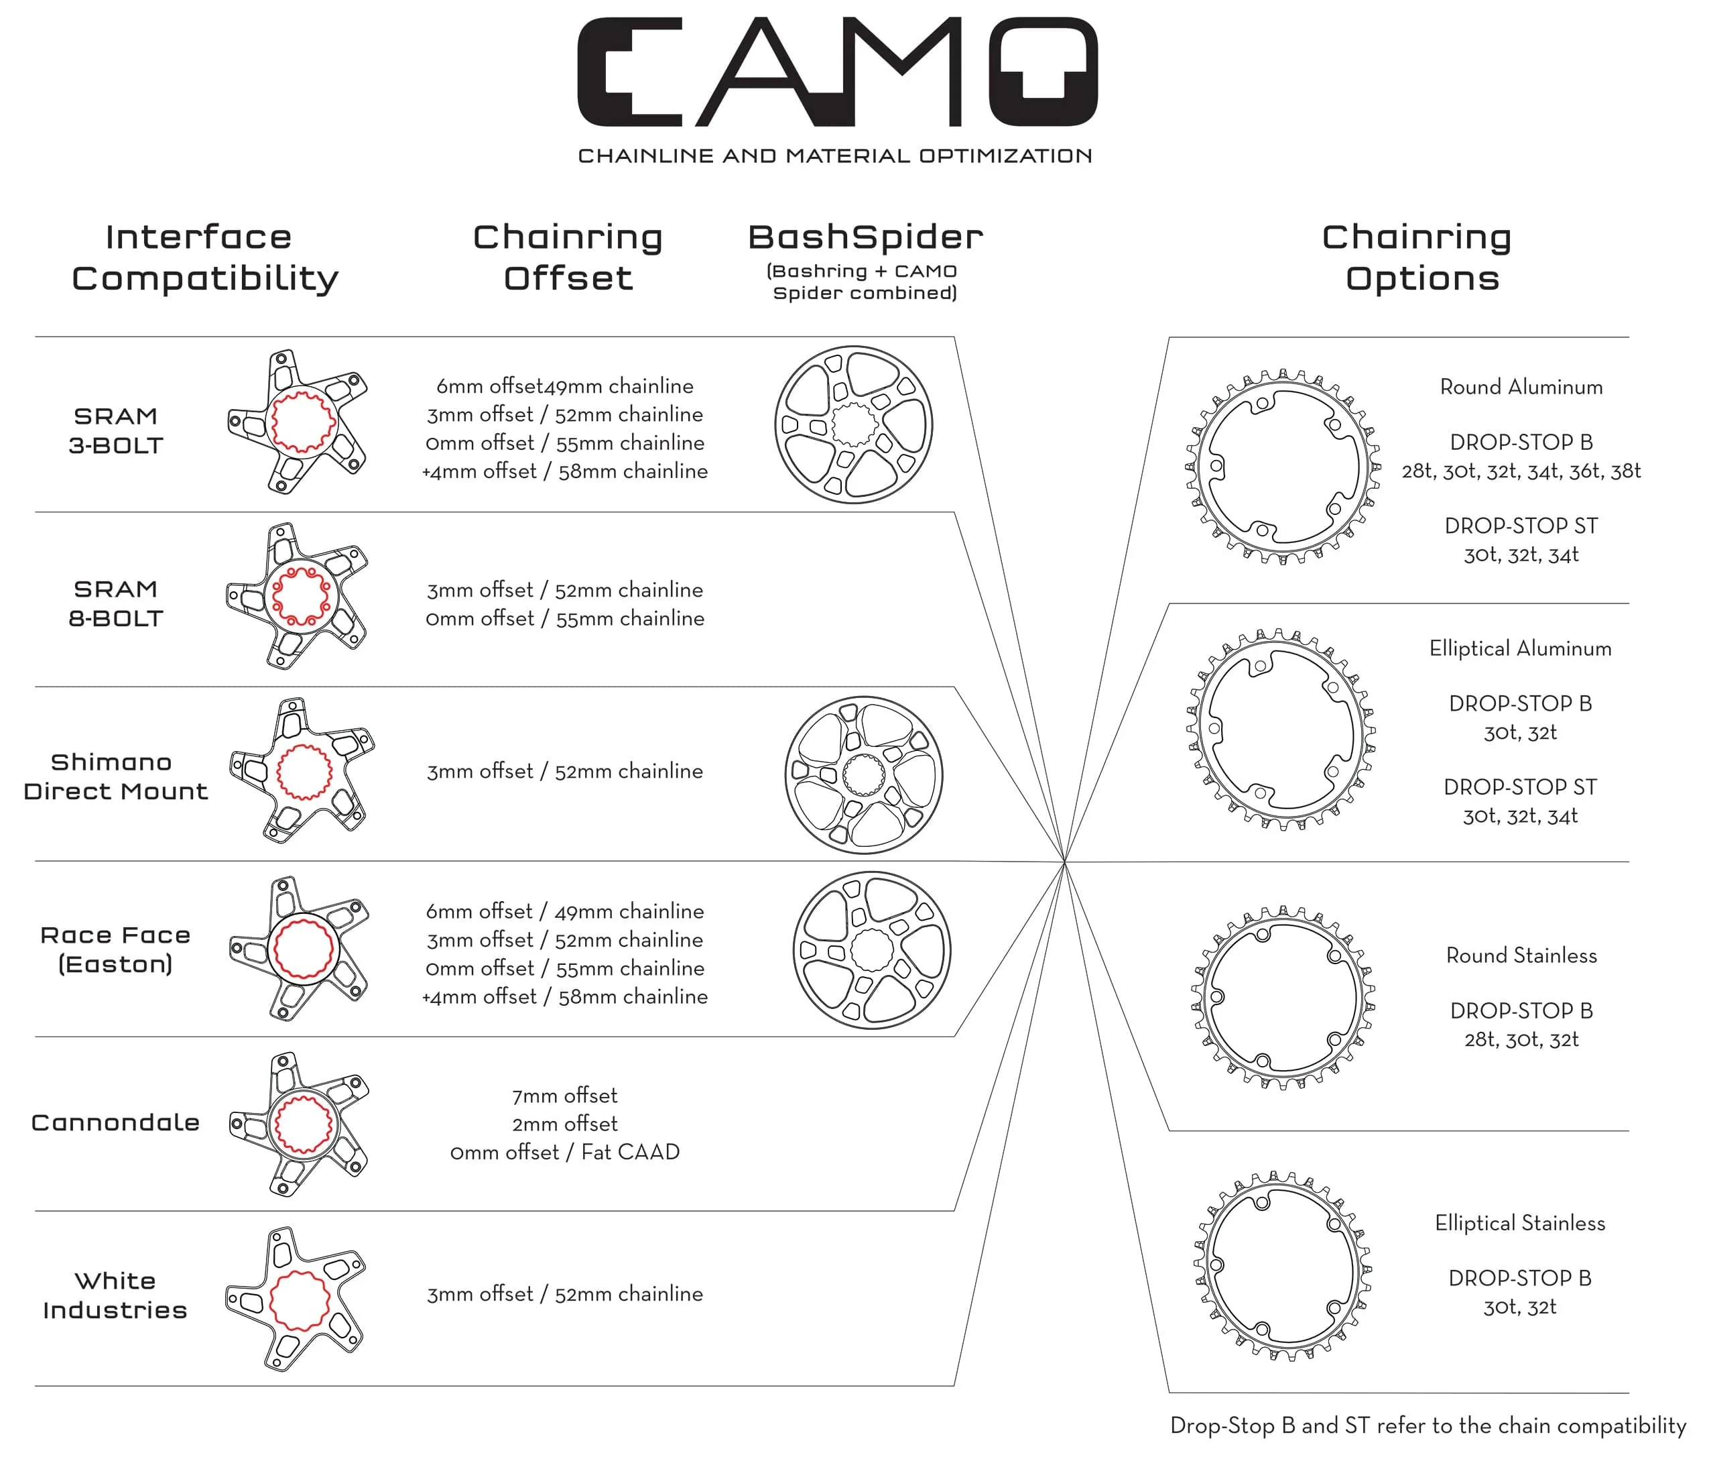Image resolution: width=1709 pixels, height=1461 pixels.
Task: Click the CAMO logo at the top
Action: pos(836,72)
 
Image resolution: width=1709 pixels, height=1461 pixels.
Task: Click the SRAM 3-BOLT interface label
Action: pos(115,430)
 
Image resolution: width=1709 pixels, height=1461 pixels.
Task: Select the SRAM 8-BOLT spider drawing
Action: pos(297,595)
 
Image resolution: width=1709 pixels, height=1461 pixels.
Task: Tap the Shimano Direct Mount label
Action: pos(115,776)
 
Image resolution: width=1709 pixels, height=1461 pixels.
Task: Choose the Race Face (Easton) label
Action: pos(115,949)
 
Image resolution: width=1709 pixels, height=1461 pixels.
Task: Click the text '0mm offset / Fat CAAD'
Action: pos(565,1152)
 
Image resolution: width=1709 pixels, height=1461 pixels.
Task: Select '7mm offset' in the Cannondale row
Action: pos(565,1096)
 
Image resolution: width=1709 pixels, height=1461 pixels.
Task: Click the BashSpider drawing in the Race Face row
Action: pos(872,949)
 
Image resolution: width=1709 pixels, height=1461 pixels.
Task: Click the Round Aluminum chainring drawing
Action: pos(1283,467)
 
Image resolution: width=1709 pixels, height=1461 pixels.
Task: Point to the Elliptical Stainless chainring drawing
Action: pos(1283,1265)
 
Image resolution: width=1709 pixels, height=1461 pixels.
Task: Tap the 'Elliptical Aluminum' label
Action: pos(1520,648)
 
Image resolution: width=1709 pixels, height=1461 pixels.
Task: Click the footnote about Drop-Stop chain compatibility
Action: pos(1428,1425)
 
